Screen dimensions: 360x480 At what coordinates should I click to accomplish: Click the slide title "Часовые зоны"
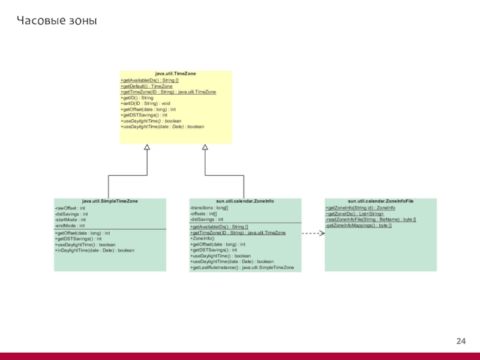(56, 22)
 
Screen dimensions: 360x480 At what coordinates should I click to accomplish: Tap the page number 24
(461, 341)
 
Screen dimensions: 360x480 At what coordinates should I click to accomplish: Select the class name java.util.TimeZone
(175, 74)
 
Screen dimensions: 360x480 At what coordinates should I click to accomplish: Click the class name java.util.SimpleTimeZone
(110, 202)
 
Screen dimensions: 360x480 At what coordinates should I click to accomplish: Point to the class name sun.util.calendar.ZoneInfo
(245, 202)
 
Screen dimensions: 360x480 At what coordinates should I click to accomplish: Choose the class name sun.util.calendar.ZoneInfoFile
(381, 202)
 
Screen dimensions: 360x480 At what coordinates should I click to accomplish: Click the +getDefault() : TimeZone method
(146, 86)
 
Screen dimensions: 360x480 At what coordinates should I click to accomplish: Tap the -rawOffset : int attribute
(70, 208)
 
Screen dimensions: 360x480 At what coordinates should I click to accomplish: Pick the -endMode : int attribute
(70, 226)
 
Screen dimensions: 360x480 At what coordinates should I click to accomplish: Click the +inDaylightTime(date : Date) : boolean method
(95, 250)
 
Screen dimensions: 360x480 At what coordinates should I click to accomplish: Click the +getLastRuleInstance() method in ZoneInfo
(242, 268)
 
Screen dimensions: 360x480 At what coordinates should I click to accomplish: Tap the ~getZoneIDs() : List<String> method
(355, 214)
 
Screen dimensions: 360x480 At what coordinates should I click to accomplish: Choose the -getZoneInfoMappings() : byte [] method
(358, 226)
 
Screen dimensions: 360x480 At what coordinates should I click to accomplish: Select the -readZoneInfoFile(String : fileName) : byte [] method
(370, 220)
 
